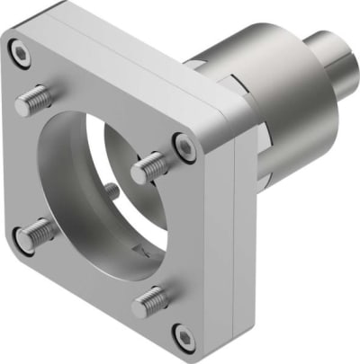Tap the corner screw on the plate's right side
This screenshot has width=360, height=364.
(x=184, y=146)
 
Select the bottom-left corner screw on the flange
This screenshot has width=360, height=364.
(x=22, y=240)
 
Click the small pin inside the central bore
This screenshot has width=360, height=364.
(x=109, y=191)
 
